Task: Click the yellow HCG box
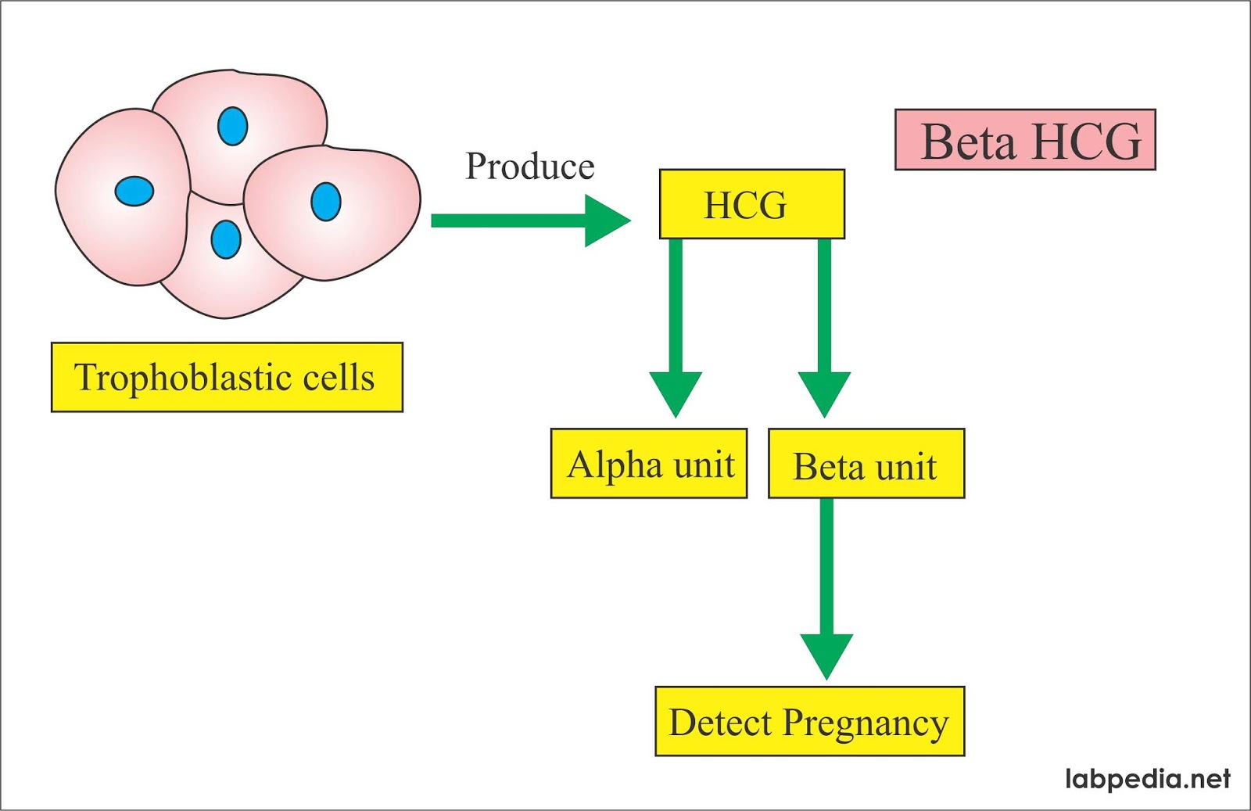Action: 751,204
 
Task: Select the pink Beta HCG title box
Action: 1024,140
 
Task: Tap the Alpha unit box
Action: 648,463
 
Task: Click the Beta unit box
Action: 866,463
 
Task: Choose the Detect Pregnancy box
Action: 809,721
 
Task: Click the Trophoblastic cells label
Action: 227,377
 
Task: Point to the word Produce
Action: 529,166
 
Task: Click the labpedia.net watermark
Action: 1147,778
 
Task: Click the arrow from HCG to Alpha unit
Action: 676,328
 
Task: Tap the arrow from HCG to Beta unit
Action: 824,328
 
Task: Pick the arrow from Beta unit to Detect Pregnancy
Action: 826,587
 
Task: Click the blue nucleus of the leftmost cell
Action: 134,191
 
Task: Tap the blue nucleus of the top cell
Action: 232,126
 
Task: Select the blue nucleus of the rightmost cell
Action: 326,201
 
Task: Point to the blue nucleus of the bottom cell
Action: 226,239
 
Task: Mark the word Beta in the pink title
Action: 968,142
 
